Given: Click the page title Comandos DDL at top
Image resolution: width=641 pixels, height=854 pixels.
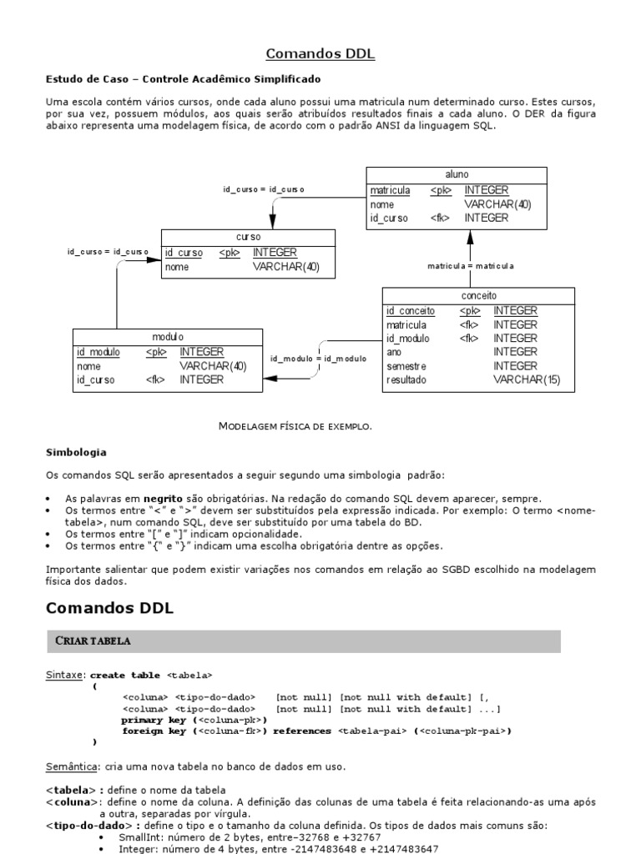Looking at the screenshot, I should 320,54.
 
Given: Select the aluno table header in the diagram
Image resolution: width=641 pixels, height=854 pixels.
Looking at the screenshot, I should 457,174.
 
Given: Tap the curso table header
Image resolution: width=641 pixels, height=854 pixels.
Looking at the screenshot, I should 248,237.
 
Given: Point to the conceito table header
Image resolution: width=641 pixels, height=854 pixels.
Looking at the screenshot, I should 478,295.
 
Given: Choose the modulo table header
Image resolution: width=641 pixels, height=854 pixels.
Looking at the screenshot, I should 168,336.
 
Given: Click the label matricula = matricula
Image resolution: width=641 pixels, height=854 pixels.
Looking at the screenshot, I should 471,265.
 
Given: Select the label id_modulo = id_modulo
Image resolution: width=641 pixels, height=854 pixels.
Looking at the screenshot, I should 318,358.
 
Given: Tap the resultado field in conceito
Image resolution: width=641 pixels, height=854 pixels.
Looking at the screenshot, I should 406,379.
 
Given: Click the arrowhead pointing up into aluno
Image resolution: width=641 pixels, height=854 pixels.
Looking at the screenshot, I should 470,237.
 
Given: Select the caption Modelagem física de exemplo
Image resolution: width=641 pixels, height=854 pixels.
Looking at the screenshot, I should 295,426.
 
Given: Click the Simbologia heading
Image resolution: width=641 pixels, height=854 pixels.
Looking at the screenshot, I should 75,452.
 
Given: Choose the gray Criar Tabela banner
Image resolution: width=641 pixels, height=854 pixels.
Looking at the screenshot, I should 303,640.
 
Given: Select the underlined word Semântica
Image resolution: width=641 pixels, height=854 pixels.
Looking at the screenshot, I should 72,766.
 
